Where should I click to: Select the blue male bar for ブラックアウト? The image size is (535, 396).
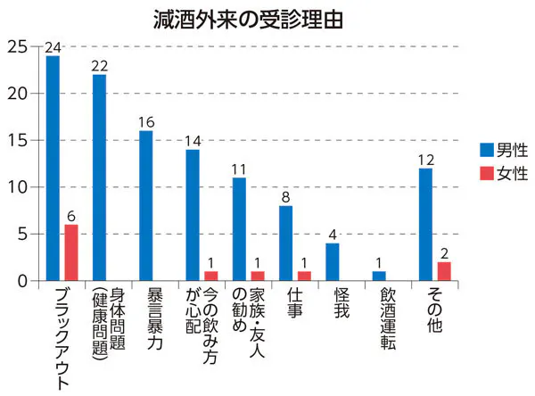[53, 169]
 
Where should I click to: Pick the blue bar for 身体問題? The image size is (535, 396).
[99, 177]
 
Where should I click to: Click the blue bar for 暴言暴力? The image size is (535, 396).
[145, 206]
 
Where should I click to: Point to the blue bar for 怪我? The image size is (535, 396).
[332, 262]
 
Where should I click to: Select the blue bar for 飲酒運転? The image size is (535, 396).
[378, 276]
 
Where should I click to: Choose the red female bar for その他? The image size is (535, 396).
[444, 271]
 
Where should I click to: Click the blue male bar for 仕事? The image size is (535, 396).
[285, 243]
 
